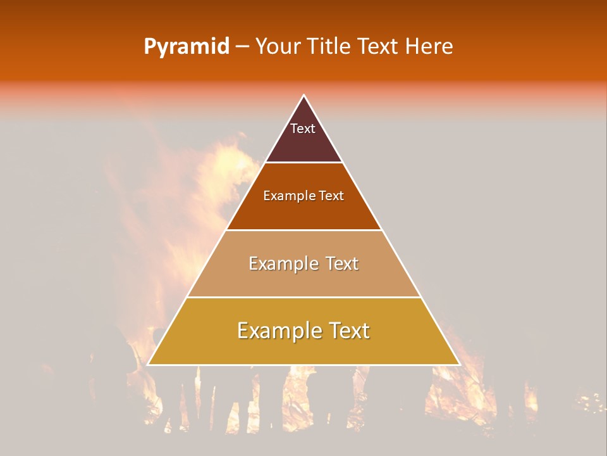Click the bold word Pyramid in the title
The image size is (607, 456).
(x=186, y=47)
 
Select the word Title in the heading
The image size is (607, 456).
(x=329, y=46)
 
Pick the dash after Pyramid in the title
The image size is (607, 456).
(x=242, y=47)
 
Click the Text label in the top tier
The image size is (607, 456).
(x=303, y=129)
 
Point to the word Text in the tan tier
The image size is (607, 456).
(x=343, y=263)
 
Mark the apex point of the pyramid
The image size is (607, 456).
(x=303, y=96)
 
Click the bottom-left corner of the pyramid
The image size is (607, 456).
(x=148, y=365)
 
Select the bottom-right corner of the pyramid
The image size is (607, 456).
(x=459, y=365)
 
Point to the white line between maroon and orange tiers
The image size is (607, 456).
(x=303, y=163)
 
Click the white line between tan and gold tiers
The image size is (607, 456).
(x=303, y=297)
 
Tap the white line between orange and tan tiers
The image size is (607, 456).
(x=303, y=230)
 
